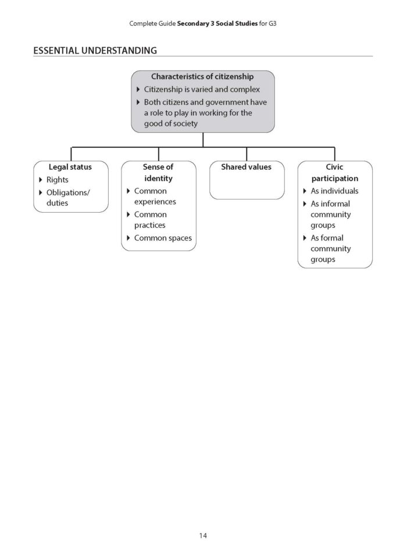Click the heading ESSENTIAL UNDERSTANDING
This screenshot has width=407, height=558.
tap(95, 51)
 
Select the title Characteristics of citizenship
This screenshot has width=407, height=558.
tap(202, 76)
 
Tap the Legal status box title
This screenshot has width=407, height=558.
tap(70, 167)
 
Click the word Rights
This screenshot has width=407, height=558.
tap(57, 180)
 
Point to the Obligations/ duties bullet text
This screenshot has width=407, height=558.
tap(68, 197)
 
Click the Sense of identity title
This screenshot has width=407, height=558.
tap(158, 172)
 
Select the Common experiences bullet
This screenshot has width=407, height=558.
tap(155, 196)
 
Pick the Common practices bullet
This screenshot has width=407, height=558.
tap(150, 220)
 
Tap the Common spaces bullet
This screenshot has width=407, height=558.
tap(162, 238)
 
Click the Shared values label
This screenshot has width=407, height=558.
tap(246, 167)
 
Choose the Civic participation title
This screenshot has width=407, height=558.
tap(334, 172)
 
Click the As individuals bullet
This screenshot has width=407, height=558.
tap(334, 191)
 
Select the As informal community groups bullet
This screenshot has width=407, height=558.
tap(331, 214)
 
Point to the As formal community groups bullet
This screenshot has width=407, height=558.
tap(331, 249)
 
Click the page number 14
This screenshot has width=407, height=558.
tap(202, 535)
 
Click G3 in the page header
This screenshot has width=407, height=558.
tap(273, 24)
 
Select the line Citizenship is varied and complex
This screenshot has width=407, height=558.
tap(201, 90)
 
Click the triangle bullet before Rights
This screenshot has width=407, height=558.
tap(41, 180)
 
